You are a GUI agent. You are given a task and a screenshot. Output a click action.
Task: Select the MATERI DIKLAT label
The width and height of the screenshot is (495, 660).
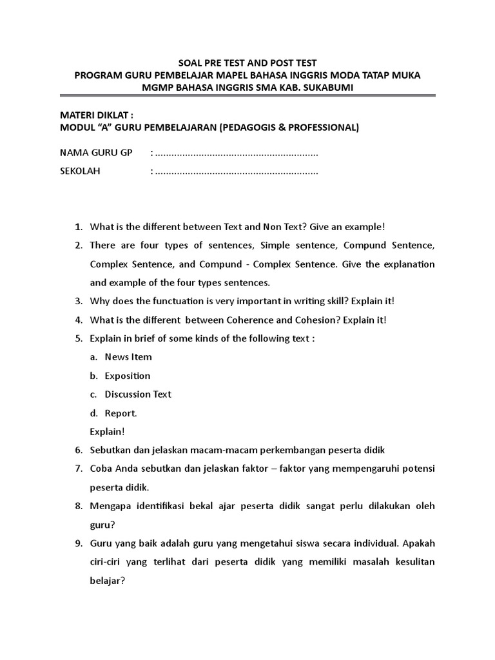[95, 115]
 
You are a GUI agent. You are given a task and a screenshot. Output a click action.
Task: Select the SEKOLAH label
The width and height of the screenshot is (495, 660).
[81, 172]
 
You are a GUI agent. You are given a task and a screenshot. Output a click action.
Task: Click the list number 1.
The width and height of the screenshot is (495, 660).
[79, 227]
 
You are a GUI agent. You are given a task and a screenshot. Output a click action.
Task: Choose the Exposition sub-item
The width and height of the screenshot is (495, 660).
[128, 376]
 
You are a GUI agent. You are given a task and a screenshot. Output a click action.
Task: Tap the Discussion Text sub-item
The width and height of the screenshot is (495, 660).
[138, 394]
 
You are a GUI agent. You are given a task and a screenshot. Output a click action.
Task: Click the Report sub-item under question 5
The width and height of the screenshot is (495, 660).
[121, 413]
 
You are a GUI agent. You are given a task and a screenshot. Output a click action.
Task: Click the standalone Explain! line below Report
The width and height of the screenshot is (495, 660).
[107, 431]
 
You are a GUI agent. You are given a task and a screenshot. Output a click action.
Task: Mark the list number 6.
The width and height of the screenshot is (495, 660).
[79, 449]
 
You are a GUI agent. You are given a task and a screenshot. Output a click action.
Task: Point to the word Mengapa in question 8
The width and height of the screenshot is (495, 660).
[110, 506]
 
